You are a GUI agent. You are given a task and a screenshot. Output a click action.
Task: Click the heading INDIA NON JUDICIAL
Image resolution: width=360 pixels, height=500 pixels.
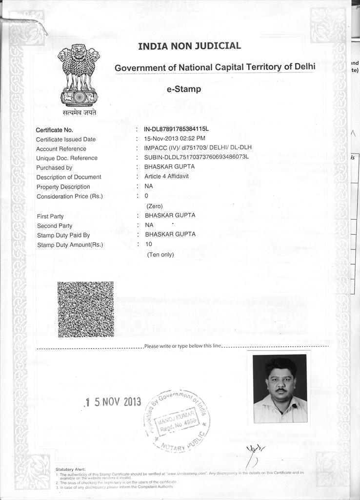[x=189, y=46]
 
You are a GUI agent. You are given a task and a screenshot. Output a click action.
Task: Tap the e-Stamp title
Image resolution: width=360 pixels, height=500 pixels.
[x=184, y=89]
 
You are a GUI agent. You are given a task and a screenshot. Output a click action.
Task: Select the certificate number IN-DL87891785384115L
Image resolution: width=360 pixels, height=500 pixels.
[x=176, y=129]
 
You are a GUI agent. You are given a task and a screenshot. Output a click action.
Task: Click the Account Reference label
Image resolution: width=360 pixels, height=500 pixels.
[x=61, y=148]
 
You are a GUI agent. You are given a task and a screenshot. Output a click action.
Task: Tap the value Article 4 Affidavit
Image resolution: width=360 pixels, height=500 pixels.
[x=166, y=176]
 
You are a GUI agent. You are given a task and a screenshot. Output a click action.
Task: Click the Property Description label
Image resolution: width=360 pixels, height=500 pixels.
[x=63, y=187]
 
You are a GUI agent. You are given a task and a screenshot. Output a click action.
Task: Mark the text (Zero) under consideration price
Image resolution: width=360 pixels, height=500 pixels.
[x=154, y=206]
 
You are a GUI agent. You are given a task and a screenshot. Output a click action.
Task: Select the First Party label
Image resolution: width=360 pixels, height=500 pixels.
[x=50, y=216]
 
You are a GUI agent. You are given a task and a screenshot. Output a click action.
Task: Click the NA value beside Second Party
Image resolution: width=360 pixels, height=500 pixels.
[x=149, y=225]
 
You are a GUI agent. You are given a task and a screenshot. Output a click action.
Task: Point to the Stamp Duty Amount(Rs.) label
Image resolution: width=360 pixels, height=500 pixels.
[x=70, y=245]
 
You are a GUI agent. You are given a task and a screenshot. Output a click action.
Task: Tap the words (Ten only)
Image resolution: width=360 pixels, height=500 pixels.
[x=160, y=254]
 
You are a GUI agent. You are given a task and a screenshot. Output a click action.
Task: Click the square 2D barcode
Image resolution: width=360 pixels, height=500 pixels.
[x=85, y=310]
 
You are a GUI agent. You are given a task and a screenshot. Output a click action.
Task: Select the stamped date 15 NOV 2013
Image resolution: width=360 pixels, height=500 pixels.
[x=113, y=402]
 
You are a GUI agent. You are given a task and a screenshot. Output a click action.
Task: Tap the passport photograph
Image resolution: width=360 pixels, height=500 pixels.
[x=280, y=388]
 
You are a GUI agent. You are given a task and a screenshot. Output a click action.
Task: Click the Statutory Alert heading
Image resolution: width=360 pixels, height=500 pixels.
[x=71, y=469]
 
